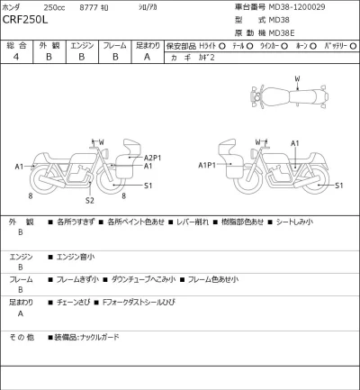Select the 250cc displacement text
pyautogui.click(x=58, y=8)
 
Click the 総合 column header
pyautogui.click(x=16, y=44)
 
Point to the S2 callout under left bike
pyautogui.click(x=90, y=201)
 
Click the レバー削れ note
pyautogui.click(x=193, y=222)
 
